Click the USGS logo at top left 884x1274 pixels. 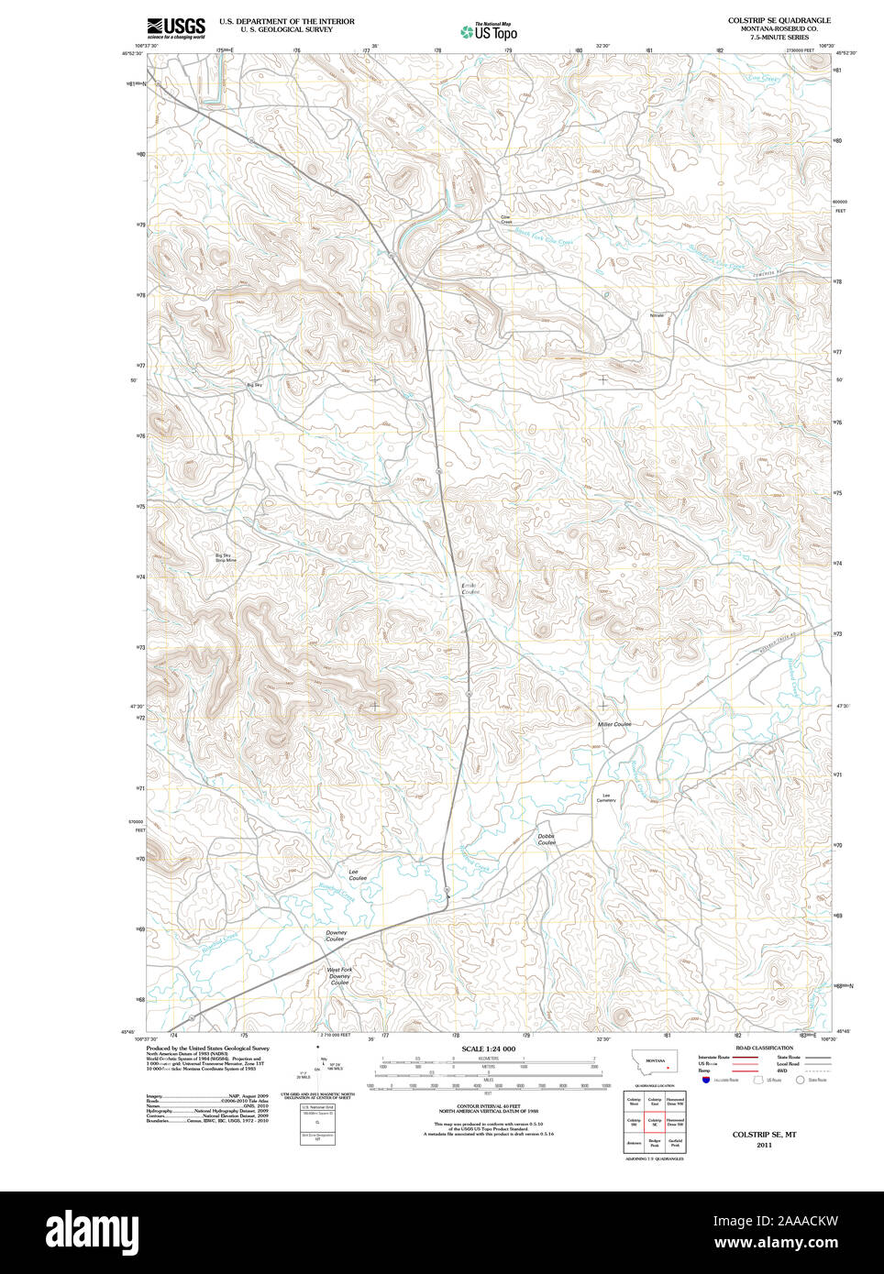(x=176, y=27)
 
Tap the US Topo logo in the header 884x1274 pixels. (x=489, y=31)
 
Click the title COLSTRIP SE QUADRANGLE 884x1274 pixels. (x=779, y=20)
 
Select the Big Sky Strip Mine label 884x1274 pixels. (x=226, y=557)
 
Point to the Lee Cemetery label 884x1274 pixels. (x=606, y=797)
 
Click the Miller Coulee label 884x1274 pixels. (x=614, y=724)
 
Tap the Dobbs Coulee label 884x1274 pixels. (x=547, y=839)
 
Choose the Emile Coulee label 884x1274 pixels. (x=470, y=588)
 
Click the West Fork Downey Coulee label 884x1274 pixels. (x=339, y=975)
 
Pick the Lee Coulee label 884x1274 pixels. (x=358, y=874)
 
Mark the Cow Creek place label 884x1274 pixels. (x=506, y=220)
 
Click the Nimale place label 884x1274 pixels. (x=657, y=315)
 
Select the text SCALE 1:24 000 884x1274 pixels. (x=488, y=1049)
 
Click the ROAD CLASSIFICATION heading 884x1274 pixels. (x=763, y=1048)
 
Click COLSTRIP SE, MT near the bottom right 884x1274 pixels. (x=764, y=1134)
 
